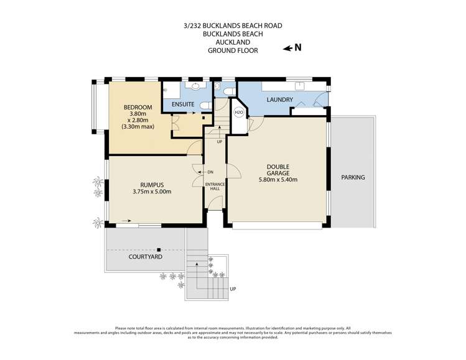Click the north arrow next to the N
[x=287, y=48]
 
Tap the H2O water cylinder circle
[x=239, y=113]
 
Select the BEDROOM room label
[x=137, y=107]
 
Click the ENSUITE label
[x=183, y=104]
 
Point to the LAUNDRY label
[x=279, y=100]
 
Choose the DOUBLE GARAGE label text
[x=278, y=170]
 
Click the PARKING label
[x=353, y=177]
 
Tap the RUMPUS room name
[x=152, y=185]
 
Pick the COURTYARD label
[x=146, y=257]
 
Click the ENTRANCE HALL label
[x=215, y=187]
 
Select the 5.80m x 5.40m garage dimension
[x=278, y=180]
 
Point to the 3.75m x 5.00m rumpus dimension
[x=152, y=192]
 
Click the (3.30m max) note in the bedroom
[x=137, y=127]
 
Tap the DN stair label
[x=210, y=172]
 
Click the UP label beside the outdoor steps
[x=233, y=288]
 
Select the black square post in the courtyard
[x=159, y=250]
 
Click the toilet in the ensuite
[x=206, y=106]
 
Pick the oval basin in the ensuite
[x=195, y=86]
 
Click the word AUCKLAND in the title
[x=233, y=42]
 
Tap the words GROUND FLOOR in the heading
[x=233, y=50]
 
